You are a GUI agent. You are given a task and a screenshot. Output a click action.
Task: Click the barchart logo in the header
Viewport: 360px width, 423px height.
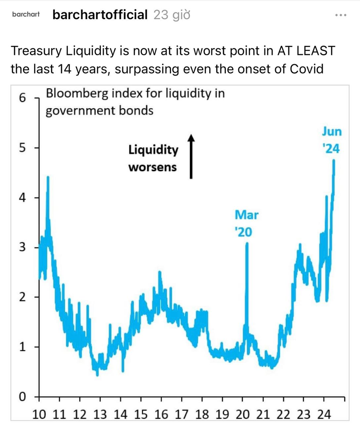point(26,15)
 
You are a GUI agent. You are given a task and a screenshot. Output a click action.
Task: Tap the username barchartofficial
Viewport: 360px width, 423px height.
point(100,15)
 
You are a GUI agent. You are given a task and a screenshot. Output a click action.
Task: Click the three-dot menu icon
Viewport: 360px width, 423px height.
point(341,15)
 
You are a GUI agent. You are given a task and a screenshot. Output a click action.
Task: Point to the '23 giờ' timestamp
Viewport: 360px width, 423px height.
point(172,15)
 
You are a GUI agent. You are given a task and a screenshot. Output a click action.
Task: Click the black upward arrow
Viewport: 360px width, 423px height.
point(191,156)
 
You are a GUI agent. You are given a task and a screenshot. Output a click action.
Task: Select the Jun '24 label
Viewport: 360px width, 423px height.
point(332,140)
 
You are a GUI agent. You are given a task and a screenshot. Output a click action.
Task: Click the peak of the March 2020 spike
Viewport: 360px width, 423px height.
point(247,243)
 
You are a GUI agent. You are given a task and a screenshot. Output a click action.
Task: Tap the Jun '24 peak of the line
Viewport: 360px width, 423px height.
point(334,160)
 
